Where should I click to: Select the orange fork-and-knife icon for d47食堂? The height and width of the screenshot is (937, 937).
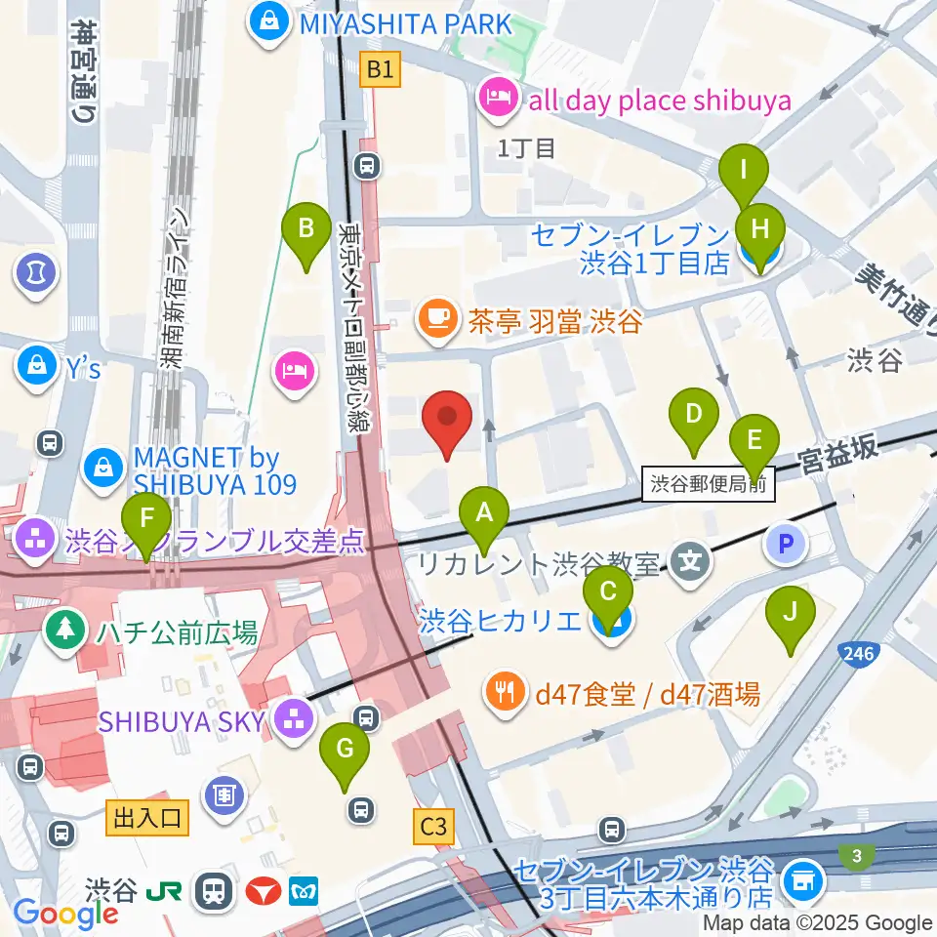(x=505, y=694)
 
